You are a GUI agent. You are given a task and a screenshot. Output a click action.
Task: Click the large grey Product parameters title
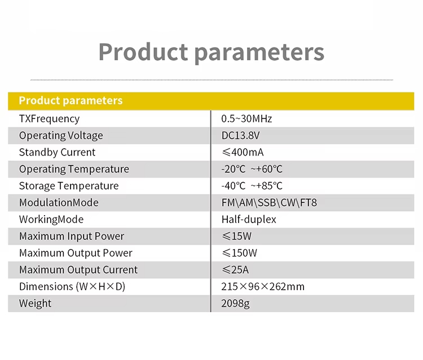(211, 52)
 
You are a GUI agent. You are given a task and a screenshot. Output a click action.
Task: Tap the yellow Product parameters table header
(70, 101)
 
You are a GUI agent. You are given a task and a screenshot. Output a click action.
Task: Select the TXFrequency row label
(49, 119)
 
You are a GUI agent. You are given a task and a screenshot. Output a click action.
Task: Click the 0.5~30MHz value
(246, 119)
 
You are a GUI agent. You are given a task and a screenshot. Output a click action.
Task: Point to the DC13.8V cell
(240, 136)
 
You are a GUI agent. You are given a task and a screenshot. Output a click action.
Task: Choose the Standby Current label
(57, 152)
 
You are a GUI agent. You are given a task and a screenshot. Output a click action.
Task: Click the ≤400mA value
(243, 152)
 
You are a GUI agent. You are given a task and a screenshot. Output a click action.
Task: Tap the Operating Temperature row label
(74, 169)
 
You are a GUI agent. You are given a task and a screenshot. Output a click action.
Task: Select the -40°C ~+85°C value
(252, 186)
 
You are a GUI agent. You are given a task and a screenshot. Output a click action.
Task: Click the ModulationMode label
(59, 203)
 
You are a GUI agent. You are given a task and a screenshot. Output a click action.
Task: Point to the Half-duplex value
(249, 219)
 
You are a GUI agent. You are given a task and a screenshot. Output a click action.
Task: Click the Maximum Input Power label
(72, 236)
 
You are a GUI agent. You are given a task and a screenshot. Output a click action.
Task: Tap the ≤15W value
(236, 236)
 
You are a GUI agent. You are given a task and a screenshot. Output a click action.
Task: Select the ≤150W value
(239, 253)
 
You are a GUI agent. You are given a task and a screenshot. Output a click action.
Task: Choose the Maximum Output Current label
(78, 270)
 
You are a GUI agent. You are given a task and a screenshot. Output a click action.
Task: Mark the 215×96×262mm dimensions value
(263, 287)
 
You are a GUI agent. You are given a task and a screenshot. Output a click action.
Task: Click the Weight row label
(35, 304)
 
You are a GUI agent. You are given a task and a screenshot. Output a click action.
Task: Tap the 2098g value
(235, 304)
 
